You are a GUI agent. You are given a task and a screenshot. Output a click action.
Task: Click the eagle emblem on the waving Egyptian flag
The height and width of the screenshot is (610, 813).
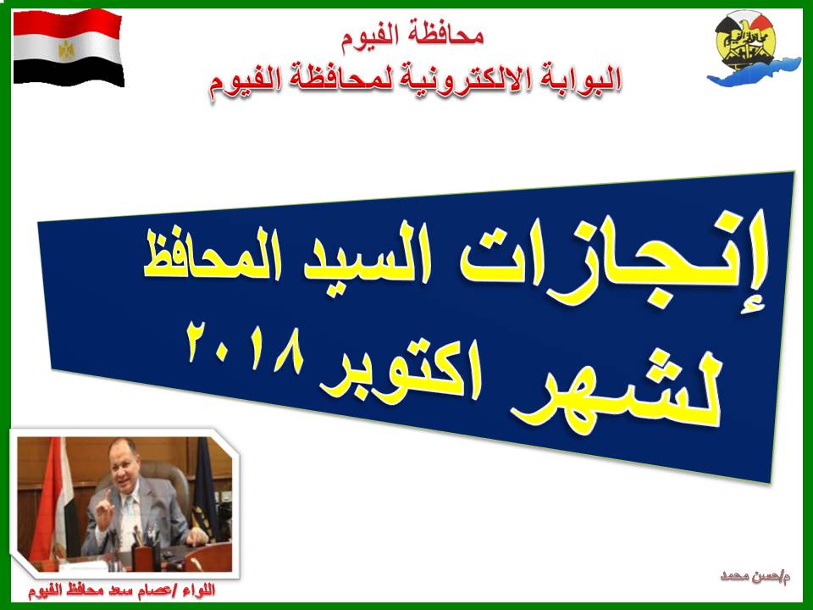pos(66,50)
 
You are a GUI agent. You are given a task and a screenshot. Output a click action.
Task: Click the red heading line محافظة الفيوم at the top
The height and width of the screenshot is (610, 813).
pos(412,36)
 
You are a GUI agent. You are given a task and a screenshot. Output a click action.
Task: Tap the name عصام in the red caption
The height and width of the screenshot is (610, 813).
pos(146,591)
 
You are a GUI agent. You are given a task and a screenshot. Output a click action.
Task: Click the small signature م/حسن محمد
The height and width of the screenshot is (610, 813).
pos(755,576)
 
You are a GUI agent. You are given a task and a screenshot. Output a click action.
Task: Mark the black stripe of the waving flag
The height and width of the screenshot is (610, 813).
pos(69,71)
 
